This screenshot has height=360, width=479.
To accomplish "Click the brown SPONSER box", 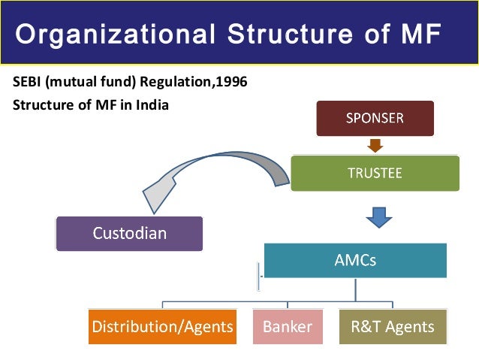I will (375, 118).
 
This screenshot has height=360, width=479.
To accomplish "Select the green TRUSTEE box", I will (375, 173).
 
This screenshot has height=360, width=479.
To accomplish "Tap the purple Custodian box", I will (129, 234).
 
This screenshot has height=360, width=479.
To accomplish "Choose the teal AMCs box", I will (355, 261).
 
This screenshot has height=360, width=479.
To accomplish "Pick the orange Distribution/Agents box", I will (162, 327).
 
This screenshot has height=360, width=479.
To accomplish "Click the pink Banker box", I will (287, 327).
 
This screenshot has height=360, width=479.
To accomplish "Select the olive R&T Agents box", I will (392, 327).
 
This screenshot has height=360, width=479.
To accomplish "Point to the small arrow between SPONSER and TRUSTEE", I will (375, 145).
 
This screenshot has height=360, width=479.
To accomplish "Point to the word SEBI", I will (28, 82).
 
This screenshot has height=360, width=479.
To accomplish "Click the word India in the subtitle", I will (152, 104).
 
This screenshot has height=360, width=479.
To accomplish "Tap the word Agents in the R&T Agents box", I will (408, 327).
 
